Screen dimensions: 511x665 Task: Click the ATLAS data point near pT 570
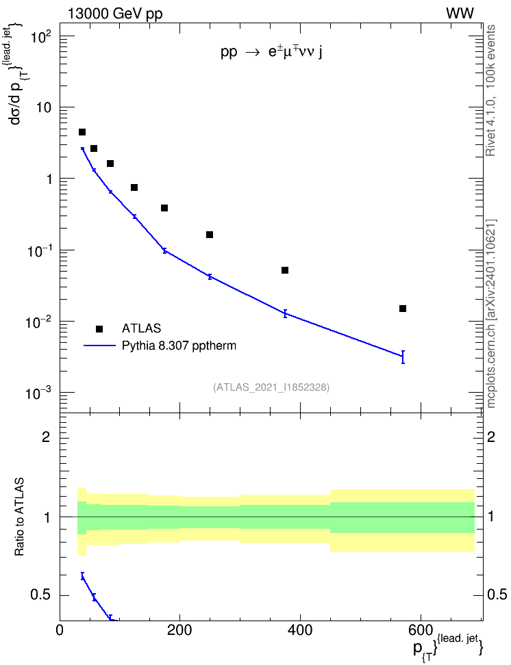point(403,309)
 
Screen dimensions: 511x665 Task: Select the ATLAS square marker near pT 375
point(285,270)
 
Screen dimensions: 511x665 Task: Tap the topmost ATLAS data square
point(82,132)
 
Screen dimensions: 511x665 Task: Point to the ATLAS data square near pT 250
point(210,235)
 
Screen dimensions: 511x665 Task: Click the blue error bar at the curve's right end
point(403,357)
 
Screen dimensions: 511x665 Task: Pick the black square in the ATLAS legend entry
point(99,328)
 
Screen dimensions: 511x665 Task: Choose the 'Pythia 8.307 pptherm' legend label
point(179,345)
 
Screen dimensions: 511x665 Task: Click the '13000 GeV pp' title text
point(115,14)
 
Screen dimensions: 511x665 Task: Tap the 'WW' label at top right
point(460,14)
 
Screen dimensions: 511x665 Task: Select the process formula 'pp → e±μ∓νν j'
point(271,52)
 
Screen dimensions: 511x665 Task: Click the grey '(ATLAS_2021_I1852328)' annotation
point(271,387)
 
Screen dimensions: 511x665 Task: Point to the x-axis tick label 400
point(300,630)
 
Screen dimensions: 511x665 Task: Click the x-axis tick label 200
point(179,630)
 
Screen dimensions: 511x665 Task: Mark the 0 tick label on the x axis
point(60,630)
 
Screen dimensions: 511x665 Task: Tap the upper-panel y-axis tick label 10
point(42,107)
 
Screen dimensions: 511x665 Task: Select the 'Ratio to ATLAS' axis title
point(19,517)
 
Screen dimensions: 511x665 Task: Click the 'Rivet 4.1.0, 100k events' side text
point(490,90)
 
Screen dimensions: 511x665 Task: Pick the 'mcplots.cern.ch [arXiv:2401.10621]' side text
point(490,313)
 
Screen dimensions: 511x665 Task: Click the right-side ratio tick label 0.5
point(497,595)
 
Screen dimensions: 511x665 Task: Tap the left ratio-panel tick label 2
point(46,436)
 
